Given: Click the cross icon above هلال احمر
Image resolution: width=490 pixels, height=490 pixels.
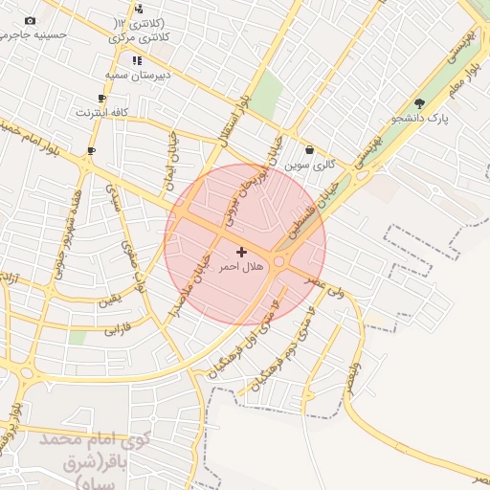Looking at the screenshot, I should [x=240, y=252].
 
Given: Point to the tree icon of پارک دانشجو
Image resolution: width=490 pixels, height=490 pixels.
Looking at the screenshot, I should [x=419, y=103].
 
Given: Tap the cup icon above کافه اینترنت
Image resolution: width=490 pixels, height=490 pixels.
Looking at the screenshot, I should [x=102, y=98].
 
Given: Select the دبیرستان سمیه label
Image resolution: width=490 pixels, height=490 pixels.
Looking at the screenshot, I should [x=137, y=74].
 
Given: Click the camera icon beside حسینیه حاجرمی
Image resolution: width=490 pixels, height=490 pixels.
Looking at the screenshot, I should [x=30, y=21].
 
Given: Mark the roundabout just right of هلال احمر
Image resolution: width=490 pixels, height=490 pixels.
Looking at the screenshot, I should [x=279, y=260].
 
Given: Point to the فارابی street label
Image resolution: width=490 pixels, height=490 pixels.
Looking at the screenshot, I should [x=115, y=329].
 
